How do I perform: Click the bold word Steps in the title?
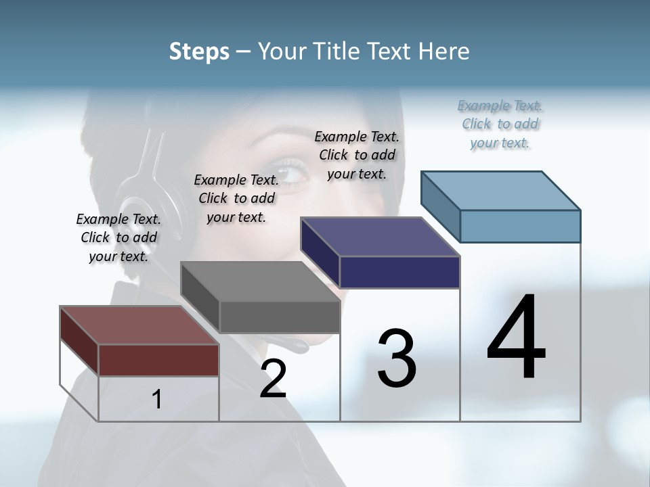(199, 51)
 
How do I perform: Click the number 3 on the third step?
(397, 358)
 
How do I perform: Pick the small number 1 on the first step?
(156, 399)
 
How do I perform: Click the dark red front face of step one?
(158, 360)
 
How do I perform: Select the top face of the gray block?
(261, 281)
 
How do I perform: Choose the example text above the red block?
(118, 237)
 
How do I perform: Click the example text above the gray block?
(236, 198)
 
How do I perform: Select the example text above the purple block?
(357, 155)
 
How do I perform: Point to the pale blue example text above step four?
(500, 124)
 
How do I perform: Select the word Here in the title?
(443, 51)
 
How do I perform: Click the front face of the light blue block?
(520, 226)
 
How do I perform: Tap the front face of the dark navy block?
(399, 272)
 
